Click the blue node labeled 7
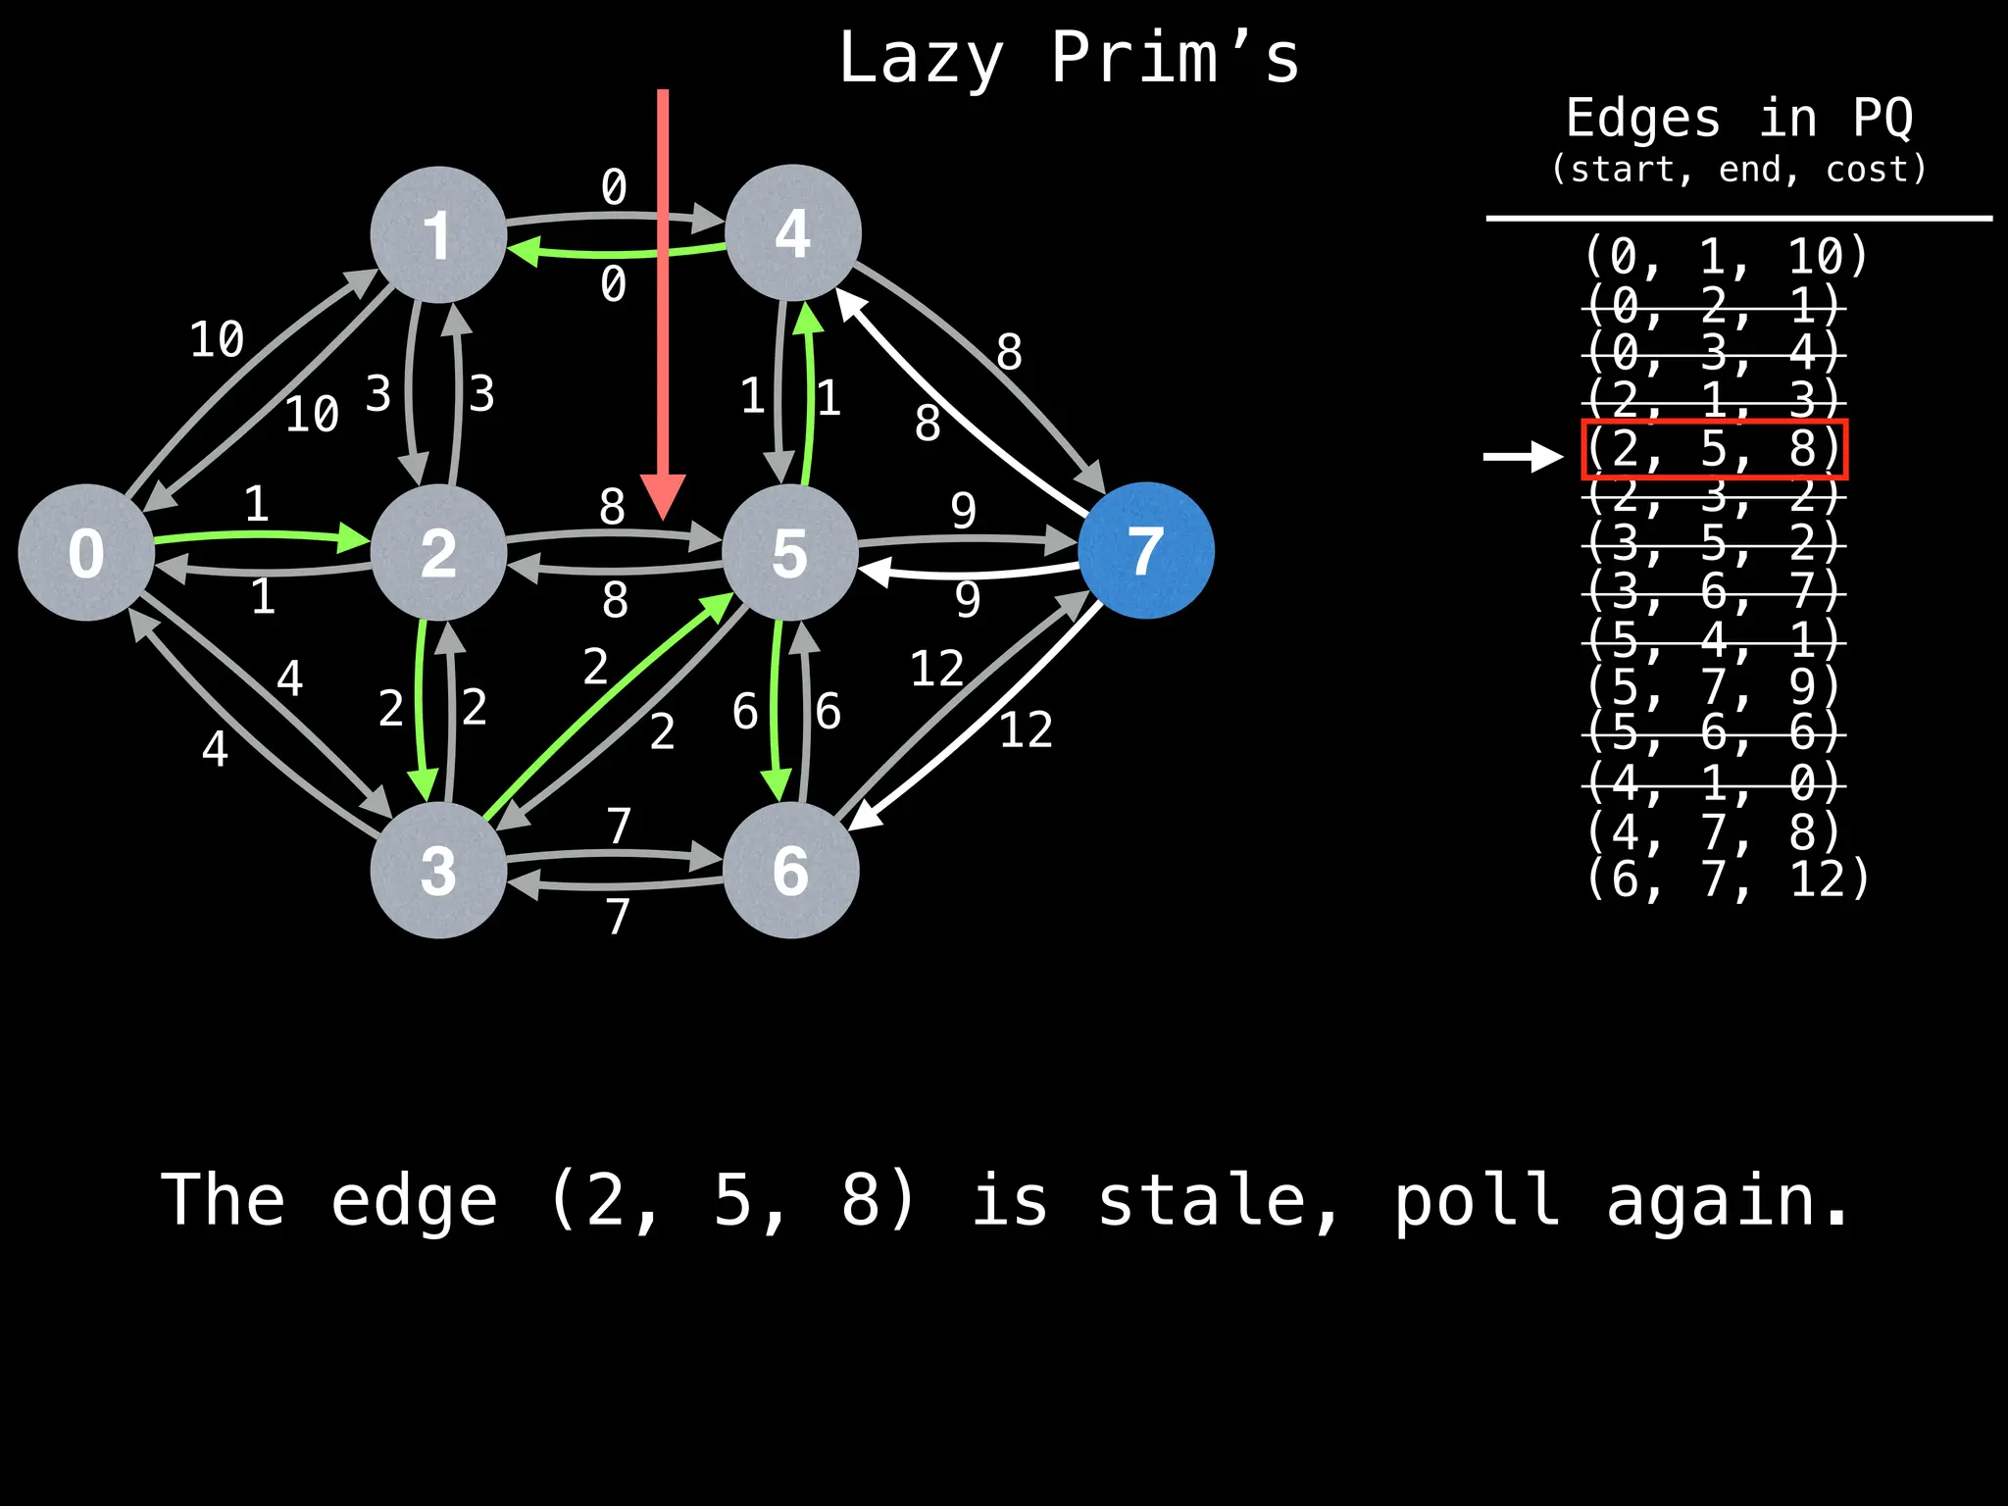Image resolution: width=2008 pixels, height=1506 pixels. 1145,551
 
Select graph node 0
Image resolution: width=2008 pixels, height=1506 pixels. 86,552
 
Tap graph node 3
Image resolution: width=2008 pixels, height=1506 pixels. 438,870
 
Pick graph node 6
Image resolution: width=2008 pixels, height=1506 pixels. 790,870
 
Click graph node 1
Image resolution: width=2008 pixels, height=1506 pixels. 438,234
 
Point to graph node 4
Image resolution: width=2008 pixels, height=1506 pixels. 792,233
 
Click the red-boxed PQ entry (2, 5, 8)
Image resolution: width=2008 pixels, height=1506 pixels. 1714,449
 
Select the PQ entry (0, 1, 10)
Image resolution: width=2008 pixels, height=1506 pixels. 1726,257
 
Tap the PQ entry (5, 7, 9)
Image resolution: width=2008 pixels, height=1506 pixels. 1714,686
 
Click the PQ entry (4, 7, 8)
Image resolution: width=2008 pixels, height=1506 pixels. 1714,831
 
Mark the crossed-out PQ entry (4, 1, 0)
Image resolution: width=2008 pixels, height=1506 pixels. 1714,783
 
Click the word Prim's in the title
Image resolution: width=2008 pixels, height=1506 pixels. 1175,59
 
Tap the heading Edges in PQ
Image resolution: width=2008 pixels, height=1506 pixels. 1738,119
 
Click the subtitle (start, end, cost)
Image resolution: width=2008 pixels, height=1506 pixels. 1738,170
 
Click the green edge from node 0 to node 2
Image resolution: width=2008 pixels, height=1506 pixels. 260,535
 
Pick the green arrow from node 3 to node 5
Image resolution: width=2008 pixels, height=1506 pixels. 608,708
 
